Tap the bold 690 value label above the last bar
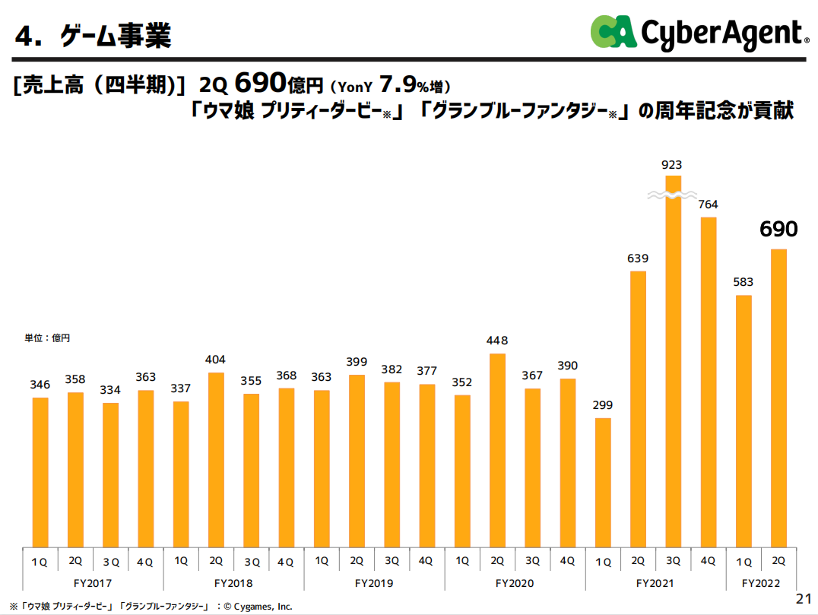[x=779, y=229]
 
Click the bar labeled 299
[x=603, y=482]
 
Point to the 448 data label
[x=498, y=341]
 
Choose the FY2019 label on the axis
[x=374, y=583]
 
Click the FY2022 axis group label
[x=762, y=583]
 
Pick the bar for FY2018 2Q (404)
[x=216, y=459]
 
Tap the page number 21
[x=803, y=598]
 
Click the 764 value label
[x=708, y=204]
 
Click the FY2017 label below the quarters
[x=93, y=583]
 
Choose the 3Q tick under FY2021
[x=674, y=561]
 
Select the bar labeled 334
[x=111, y=474]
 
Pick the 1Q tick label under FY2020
[x=462, y=561]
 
